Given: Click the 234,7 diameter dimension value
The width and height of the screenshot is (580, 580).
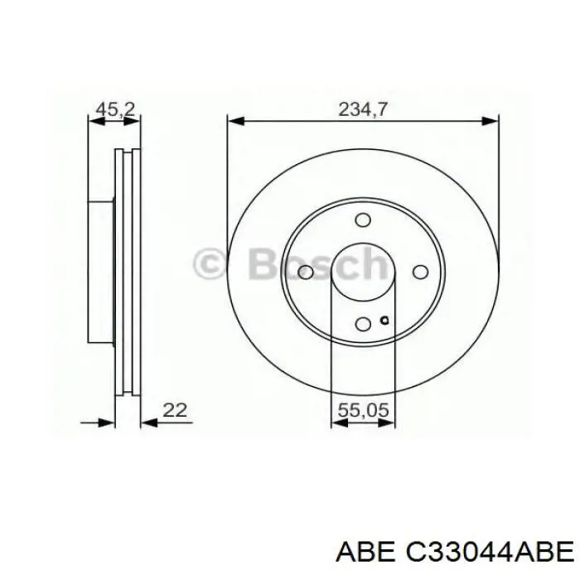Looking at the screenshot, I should (x=362, y=108).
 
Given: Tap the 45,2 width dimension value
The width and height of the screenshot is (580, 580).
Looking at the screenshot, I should (x=116, y=108).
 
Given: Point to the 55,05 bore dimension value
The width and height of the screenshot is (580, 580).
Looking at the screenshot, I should (x=362, y=409).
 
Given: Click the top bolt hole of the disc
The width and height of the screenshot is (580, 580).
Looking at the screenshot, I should (x=362, y=220).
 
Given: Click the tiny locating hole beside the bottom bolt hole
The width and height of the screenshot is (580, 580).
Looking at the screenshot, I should (x=383, y=321).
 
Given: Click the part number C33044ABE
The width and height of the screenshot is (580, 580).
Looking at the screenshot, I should (x=486, y=550).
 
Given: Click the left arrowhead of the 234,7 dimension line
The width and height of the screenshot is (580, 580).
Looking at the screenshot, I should (x=234, y=122).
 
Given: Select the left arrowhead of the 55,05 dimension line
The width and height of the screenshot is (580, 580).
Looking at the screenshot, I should (x=337, y=423).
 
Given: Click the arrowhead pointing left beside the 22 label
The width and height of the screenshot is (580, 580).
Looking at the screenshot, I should (x=149, y=423).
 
